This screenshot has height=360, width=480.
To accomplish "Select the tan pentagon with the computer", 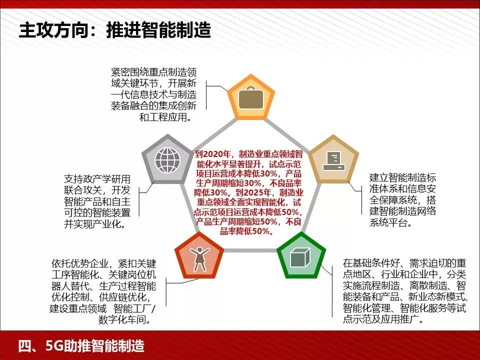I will (333, 159).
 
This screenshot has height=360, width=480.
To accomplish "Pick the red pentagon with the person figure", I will (200, 257).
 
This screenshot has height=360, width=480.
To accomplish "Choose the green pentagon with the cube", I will (301, 257).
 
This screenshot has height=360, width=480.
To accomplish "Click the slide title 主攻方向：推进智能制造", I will (114, 30).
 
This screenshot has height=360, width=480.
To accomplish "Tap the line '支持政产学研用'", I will (97, 179).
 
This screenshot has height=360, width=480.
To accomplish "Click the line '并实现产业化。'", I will (94, 223).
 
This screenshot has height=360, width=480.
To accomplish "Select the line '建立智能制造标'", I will (402, 177).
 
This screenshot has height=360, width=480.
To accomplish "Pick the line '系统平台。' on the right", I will (391, 222).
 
